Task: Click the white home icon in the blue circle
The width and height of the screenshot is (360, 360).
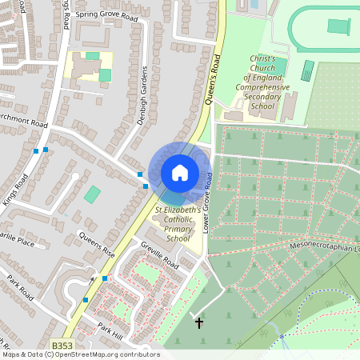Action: tap(180, 172)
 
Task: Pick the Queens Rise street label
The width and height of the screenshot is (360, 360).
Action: tap(96, 244)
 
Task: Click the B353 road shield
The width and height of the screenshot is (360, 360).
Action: tap(62, 346)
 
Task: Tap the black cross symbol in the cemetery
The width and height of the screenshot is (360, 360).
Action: tap(199, 323)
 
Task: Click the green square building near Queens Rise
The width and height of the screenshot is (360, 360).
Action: tap(93, 194)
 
